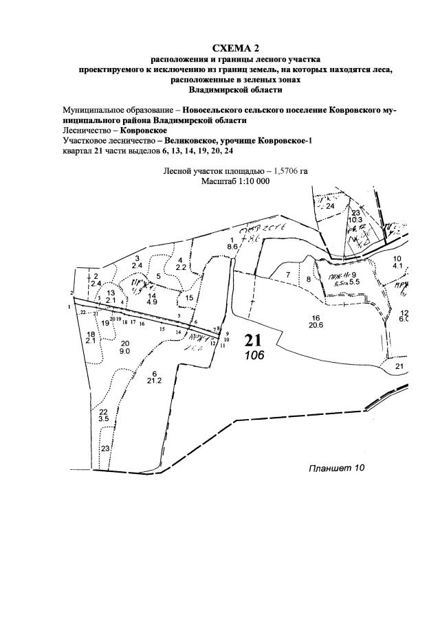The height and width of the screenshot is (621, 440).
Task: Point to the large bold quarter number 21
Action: click(254, 340)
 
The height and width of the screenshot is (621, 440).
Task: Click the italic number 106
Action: click(253, 355)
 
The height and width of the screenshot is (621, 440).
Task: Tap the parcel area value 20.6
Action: click(316, 325)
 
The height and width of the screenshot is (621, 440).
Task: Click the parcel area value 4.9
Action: click(152, 302)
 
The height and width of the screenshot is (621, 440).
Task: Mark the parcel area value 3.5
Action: click(104, 418)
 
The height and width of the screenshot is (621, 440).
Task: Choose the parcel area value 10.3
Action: click(355, 220)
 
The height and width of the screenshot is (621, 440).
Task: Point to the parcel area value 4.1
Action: click(397, 265)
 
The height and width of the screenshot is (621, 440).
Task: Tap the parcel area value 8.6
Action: click(232, 245)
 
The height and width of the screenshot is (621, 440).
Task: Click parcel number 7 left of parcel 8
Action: click(289, 274)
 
